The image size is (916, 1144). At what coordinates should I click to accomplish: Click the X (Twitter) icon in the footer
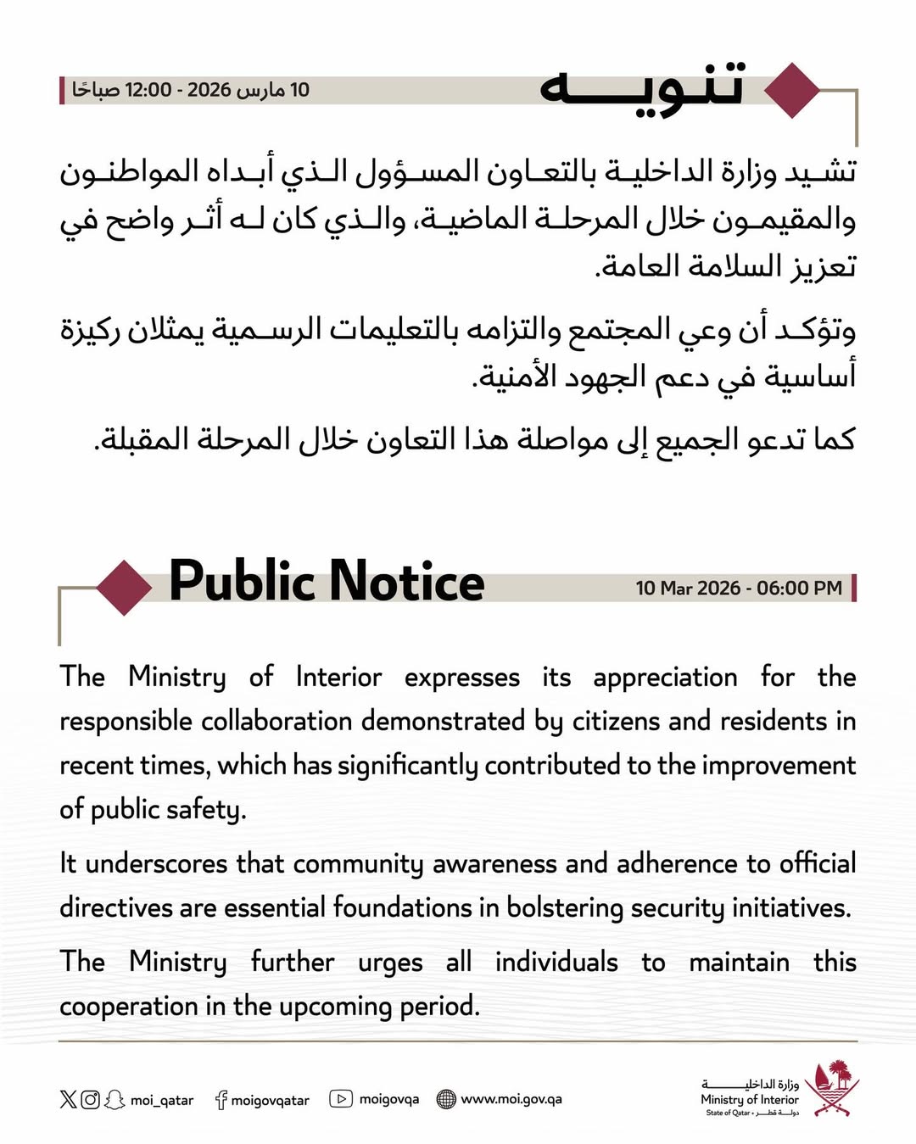pyautogui.click(x=68, y=1100)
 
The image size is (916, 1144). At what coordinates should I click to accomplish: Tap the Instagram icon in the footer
pyautogui.click(x=90, y=1100)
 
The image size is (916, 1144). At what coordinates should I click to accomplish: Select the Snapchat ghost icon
pyautogui.click(x=114, y=1100)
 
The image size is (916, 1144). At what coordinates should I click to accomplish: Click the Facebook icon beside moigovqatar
pyautogui.click(x=221, y=1100)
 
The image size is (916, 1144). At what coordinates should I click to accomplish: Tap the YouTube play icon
pyautogui.click(x=341, y=1099)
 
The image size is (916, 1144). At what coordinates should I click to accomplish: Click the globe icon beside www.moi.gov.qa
pyautogui.click(x=446, y=1099)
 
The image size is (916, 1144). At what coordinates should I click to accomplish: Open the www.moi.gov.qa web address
pyautogui.click(x=511, y=1099)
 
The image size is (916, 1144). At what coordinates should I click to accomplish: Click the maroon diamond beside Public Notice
pyautogui.click(x=125, y=587)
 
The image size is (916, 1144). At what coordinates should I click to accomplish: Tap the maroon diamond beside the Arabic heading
pyautogui.click(x=792, y=90)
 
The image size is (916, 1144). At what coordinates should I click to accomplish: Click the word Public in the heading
pyautogui.click(x=242, y=582)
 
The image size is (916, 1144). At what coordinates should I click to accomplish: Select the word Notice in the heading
pyautogui.click(x=406, y=582)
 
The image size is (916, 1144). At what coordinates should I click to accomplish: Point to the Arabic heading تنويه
pyautogui.click(x=641, y=87)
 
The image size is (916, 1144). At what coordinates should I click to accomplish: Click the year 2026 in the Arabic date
pyautogui.click(x=209, y=90)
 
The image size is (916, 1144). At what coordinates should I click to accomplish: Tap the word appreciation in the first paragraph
pyautogui.click(x=665, y=678)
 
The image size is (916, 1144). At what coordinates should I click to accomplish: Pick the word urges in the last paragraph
pyautogui.click(x=390, y=963)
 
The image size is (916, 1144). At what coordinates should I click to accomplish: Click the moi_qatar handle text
pyautogui.click(x=162, y=1101)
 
